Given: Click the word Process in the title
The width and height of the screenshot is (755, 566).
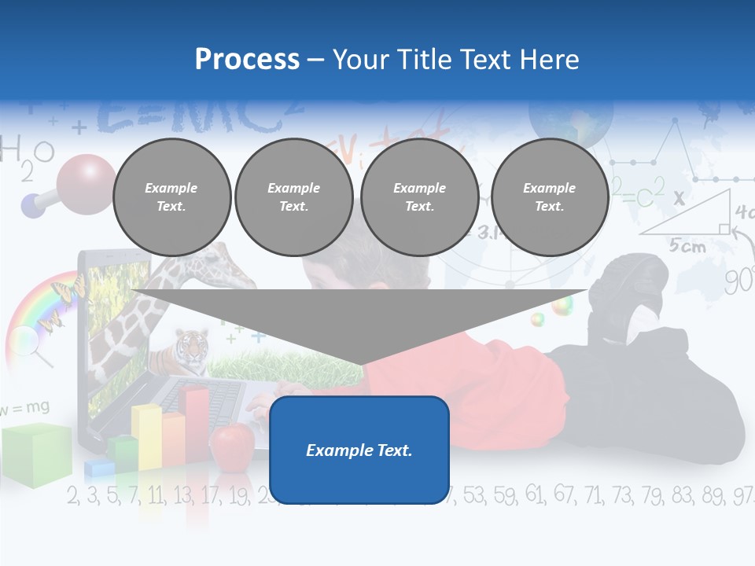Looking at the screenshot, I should [247, 60].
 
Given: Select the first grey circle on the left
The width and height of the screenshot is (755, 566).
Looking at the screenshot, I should [171, 197].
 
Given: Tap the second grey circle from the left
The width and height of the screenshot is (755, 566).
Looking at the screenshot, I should [293, 197].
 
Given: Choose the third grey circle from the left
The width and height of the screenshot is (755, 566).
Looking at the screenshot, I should [419, 197].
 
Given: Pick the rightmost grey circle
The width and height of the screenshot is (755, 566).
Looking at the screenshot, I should [549, 197].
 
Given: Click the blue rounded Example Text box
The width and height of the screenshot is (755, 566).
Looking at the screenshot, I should [359, 450].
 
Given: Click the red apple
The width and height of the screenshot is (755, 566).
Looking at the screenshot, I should [232, 443].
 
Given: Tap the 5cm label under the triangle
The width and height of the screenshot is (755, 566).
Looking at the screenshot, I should [687, 245].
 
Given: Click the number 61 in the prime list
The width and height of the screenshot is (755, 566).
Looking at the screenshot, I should [534, 494].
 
